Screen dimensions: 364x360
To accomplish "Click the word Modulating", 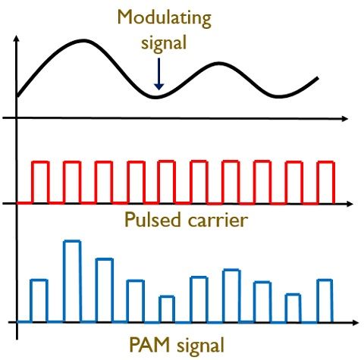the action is pyautogui.click(x=165, y=19).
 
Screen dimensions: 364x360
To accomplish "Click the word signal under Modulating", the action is pyautogui.click(x=164, y=43).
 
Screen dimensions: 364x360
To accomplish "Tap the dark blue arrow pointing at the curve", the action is pyautogui.click(x=158, y=74).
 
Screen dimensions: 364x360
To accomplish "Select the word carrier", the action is pyautogui.click(x=218, y=220).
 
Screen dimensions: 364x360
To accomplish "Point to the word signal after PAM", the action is pyautogui.click(x=200, y=346).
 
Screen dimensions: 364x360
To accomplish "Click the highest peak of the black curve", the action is pyautogui.click(x=83, y=40).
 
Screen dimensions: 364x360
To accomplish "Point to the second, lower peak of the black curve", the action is pyautogui.click(x=218, y=63).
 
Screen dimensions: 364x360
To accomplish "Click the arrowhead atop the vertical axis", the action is pyautogui.click(x=17, y=39).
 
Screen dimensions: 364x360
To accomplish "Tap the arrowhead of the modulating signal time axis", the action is pyautogui.click(x=345, y=118).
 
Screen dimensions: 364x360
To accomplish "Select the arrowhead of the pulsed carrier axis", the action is pyautogui.click(x=350, y=204).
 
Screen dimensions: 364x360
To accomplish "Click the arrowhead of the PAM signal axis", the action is pyautogui.click(x=355, y=323).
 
